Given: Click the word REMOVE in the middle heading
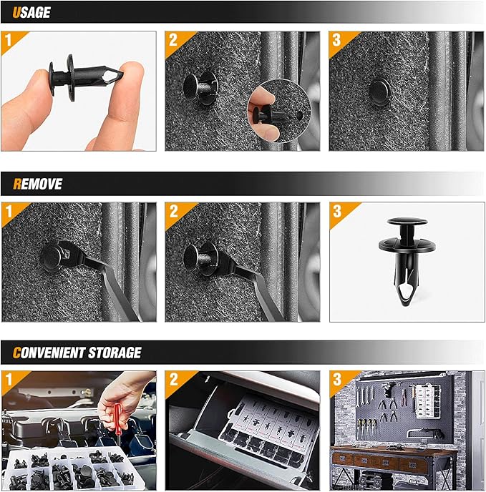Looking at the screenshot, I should pyautogui.click(x=38, y=184).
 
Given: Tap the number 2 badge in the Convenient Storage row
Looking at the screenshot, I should pyautogui.click(x=173, y=379).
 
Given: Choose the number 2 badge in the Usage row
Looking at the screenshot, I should pyautogui.click(x=173, y=39).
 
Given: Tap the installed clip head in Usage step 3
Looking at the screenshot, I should pyautogui.click(x=379, y=92).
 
